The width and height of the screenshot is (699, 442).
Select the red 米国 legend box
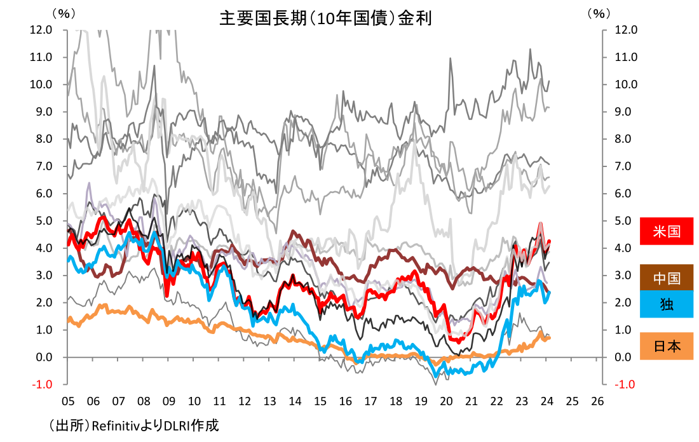[666, 231]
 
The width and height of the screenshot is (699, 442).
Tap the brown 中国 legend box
[666, 278]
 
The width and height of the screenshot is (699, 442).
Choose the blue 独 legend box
[666, 305]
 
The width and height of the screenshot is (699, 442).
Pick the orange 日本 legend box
[666, 346]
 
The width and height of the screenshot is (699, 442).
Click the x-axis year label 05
[67, 401]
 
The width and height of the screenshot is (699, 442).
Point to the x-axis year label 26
[597, 401]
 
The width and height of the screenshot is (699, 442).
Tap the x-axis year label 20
[445, 401]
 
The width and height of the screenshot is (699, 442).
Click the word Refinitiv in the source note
[116, 425]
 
